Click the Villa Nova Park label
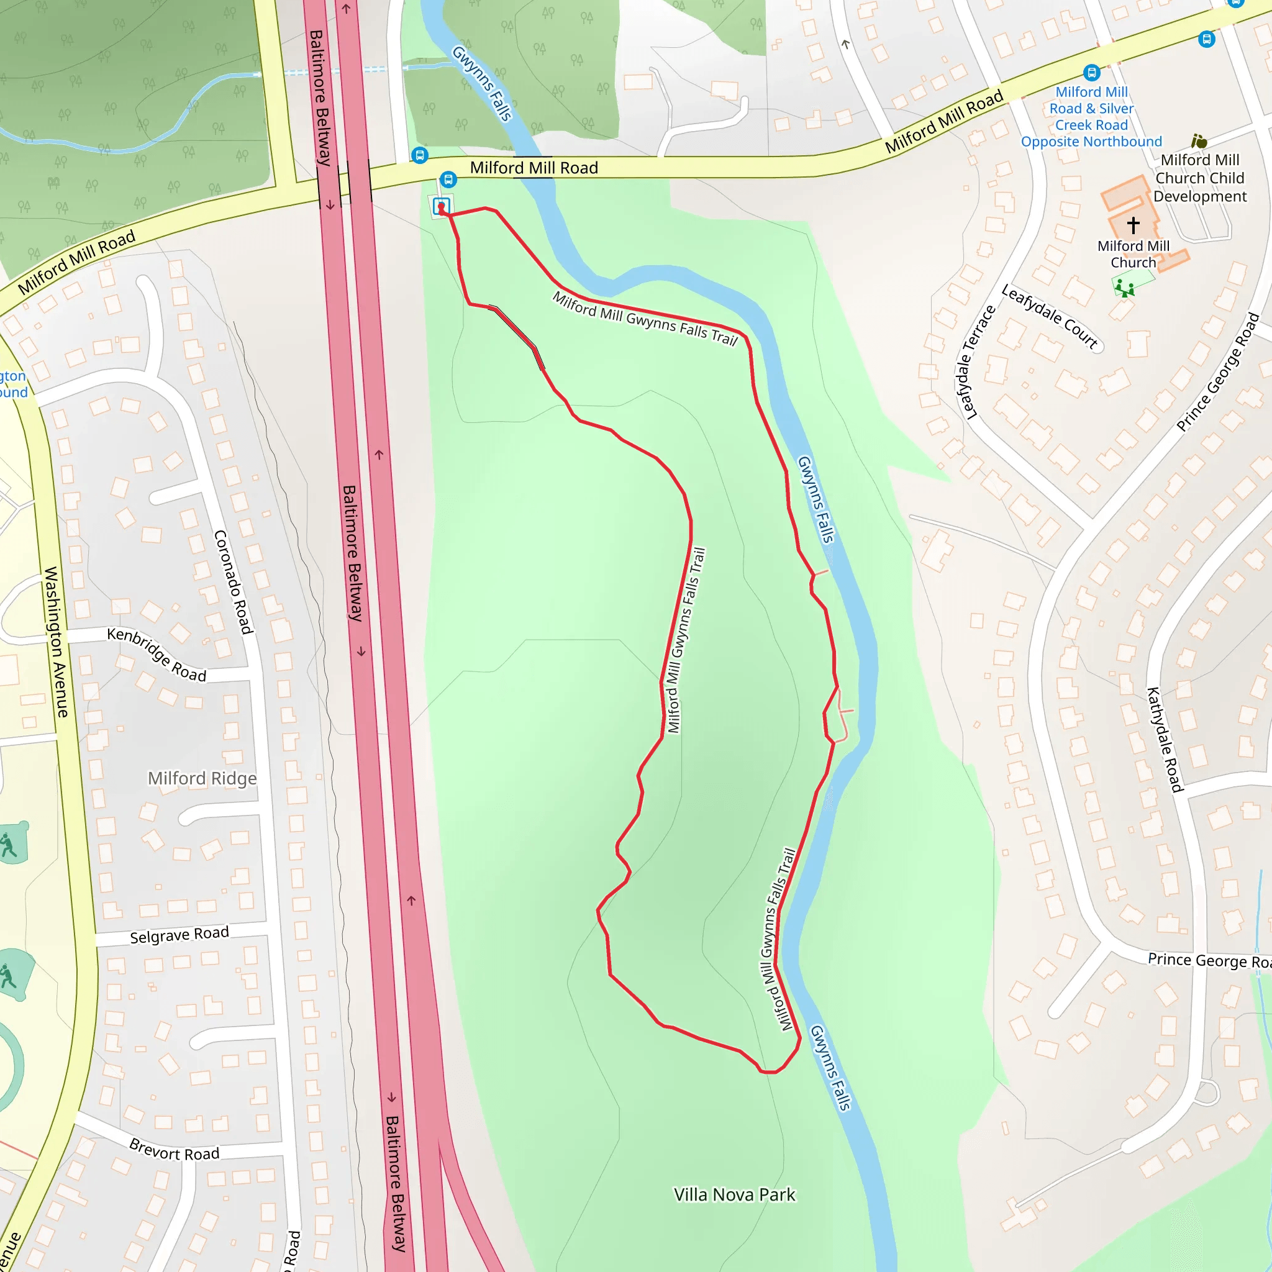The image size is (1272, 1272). coord(734,1194)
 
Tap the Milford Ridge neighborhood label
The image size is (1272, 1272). coord(202,778)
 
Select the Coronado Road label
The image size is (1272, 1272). coord(233,582)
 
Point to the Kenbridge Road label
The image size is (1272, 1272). coord(157,655)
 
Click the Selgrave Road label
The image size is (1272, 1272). coord(179,935)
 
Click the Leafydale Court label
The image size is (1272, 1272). coord(1050,316)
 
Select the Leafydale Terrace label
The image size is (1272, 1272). coord(976,362)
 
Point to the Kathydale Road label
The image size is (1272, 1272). coord(1165,738)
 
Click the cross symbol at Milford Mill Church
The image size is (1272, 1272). coord(1133,225)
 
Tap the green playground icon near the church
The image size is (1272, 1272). coord(1125,288)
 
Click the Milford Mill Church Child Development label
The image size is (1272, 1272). coord(1199,178)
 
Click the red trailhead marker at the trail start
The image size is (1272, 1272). coord(441,208)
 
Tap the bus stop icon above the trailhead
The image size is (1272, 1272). coord(448,179)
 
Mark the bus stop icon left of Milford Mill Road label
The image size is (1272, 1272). coord(419,155)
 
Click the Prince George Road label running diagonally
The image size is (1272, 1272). coord(1217,373)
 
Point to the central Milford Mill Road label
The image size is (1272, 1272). coord(534,168)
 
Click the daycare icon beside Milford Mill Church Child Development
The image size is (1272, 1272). coord(1199,141)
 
